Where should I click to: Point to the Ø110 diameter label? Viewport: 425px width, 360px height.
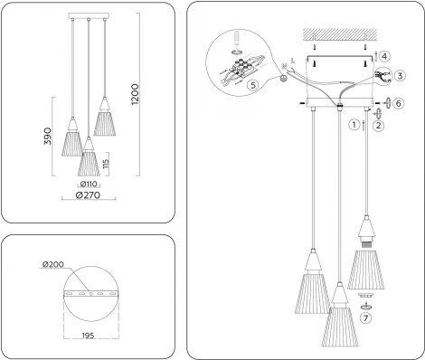(89, 184)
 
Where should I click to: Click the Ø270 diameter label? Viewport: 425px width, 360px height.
(88, 195)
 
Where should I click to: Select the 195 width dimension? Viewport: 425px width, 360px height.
(89, 336)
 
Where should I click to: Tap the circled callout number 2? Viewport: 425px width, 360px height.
(377, 126)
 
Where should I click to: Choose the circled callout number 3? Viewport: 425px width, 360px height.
(399, 76)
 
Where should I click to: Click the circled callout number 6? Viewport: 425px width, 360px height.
(399, 104)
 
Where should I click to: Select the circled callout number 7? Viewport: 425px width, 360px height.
(366, 316)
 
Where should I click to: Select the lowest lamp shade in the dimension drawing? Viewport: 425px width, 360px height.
(88, 163)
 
